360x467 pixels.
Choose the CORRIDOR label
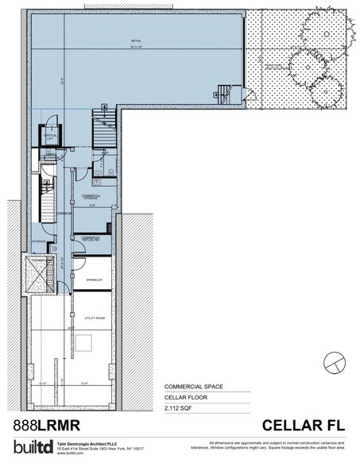point(64,213)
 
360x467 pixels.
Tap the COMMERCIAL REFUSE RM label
point(88,238)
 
